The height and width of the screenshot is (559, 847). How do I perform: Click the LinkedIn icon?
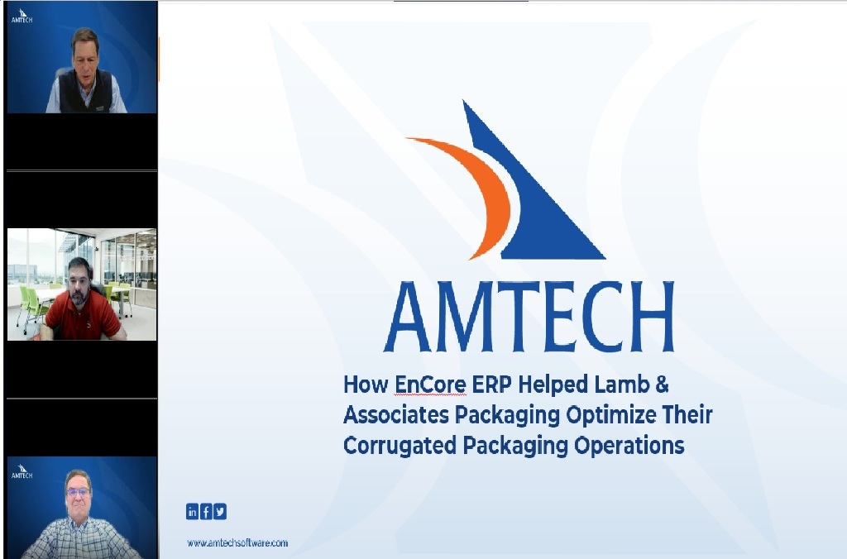coord(192,511)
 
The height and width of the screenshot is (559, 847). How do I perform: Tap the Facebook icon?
coord(206,511)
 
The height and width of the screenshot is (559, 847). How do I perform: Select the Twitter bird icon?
coord(220,511)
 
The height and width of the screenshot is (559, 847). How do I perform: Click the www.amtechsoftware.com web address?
coord(237,542)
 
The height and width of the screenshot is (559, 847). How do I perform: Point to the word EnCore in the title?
coord(430,385)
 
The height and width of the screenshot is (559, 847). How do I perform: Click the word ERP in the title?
coord(492,385)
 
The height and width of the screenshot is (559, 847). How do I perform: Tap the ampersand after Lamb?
coord(663,385)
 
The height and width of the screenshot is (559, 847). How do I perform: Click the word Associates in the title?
coord(396,415)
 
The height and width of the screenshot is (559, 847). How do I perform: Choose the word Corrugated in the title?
coord(400,446)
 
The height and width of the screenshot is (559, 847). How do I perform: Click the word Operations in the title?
coord(629,446)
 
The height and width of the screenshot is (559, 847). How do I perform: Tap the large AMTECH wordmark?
coord(529,317)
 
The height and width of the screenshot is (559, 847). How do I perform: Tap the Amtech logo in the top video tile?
coord(22,16)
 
